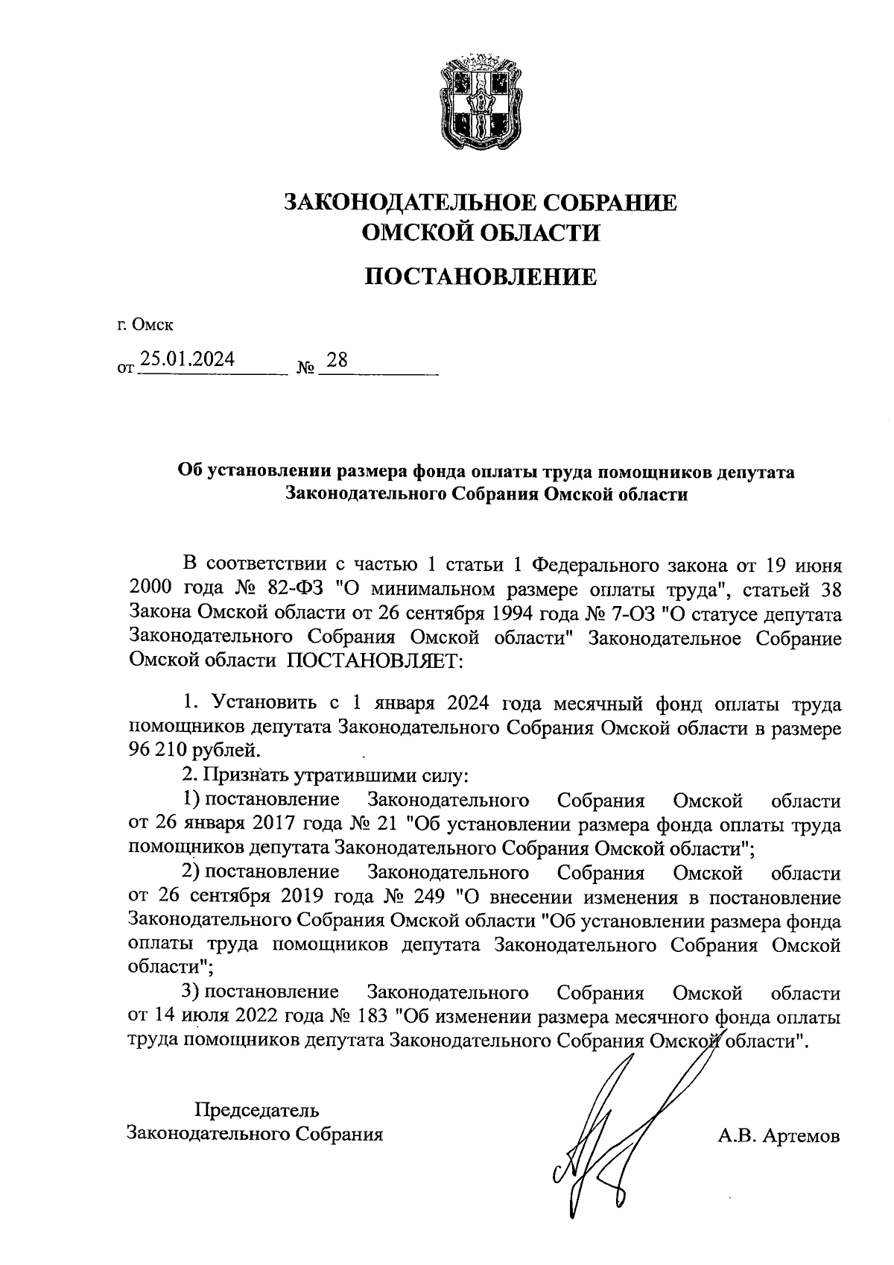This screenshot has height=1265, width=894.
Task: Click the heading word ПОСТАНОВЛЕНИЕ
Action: click(481, 277)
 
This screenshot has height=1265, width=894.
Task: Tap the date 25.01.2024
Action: click(188, 360)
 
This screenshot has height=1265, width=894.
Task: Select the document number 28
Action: click(337, 360)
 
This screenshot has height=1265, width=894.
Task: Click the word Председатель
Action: click(257, 1110)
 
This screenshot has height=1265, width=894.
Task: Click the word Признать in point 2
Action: click(241, 776)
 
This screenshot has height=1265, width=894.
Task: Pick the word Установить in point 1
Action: click(267, 703)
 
